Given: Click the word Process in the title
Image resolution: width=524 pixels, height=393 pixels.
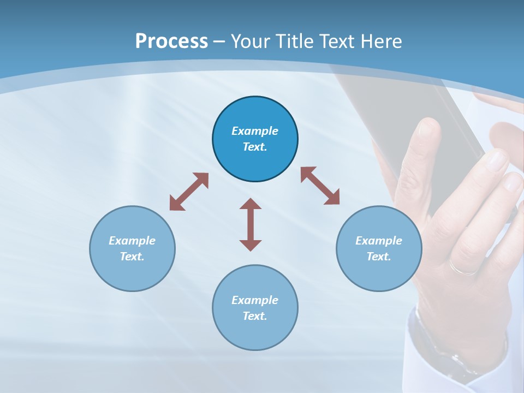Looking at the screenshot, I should point(171,41).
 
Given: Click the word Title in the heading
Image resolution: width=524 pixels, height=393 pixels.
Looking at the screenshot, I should point(294,41).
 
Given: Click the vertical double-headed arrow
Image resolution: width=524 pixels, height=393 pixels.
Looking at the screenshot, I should point(251,224).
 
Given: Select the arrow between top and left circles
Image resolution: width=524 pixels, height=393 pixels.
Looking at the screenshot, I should point(189,192).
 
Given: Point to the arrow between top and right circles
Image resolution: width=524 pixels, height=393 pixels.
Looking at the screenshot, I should point(320,186).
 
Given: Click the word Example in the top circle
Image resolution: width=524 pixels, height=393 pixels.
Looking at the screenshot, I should point(255,131).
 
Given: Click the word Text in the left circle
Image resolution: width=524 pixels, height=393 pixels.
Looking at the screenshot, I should point(132,257).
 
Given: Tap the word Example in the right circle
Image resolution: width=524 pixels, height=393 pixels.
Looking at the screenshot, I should point(379,241).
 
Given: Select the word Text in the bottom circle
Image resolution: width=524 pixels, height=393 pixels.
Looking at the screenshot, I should point(254,316).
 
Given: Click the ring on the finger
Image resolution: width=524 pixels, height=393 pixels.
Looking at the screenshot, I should point(463,267).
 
